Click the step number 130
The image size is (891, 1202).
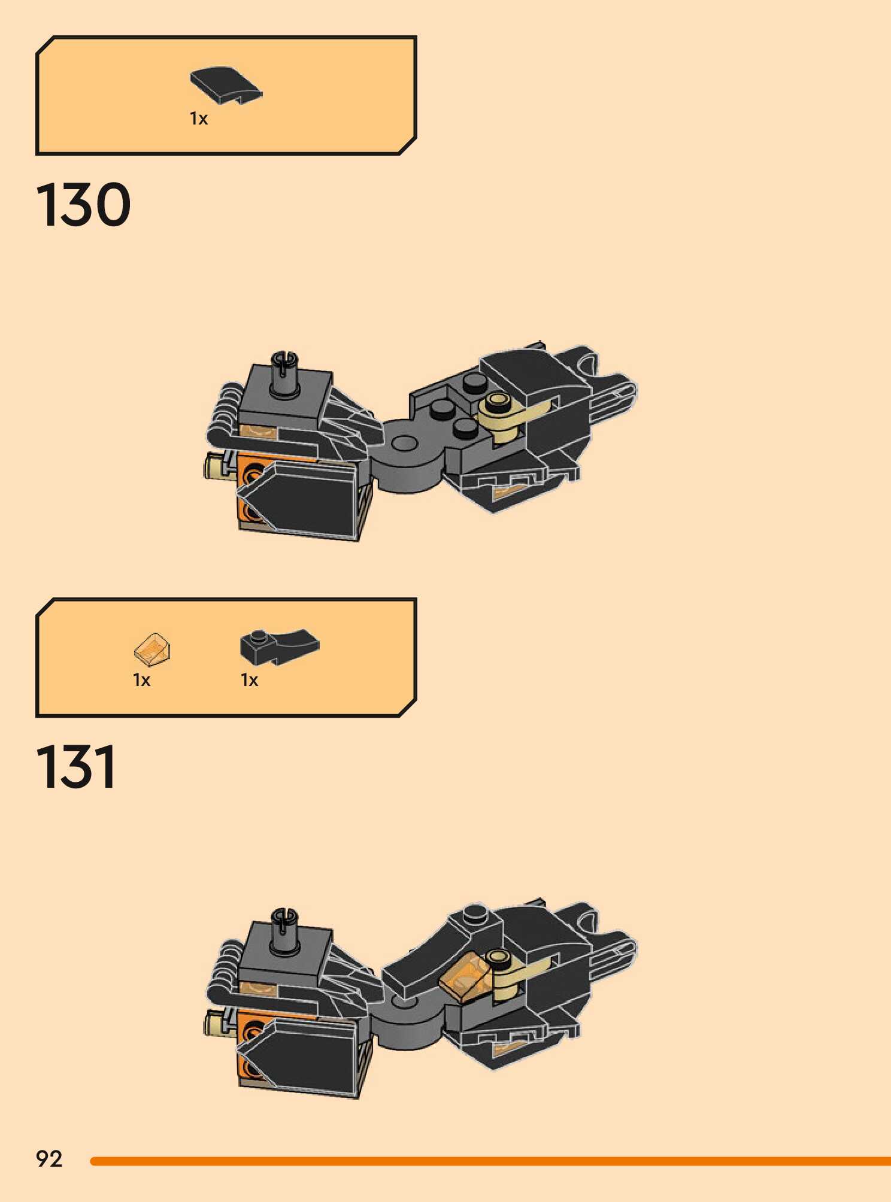pos(83,205)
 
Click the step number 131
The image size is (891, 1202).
pos(76,767)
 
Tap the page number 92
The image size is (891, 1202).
pos(49,1159)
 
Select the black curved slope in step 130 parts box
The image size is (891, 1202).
pos(226,84)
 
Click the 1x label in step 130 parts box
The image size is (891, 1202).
pos(199,119)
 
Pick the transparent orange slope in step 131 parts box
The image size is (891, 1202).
pos(153,649)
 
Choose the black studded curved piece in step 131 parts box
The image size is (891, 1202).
pos(279,646)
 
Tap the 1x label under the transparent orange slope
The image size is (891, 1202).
pos(142,680)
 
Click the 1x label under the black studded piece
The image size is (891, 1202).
pos(250,680)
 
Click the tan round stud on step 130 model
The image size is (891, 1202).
pos(498,402)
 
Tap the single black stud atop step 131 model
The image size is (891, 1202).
pos(475,912)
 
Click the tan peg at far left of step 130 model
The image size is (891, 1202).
pos(213,467)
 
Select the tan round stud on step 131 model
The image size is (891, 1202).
pos(498,958)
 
